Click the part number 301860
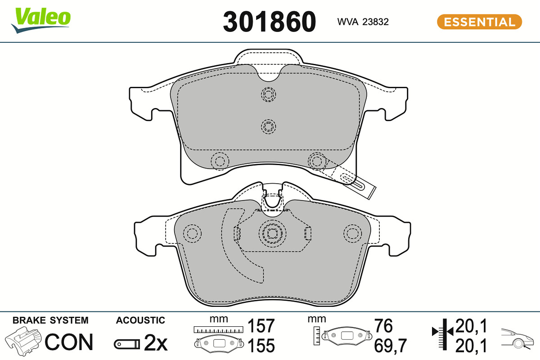269,22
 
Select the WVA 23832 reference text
363,22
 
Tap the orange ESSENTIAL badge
479,22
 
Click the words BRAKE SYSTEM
50,320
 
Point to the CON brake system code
69,342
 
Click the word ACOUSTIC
140,320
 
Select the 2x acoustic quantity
156,342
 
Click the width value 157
261,326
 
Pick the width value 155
261,346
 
